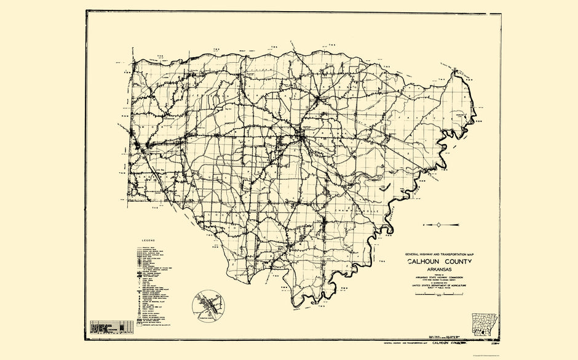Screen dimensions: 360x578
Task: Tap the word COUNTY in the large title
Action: pyautogui.click(x=456, y=262)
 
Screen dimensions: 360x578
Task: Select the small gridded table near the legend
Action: pyautogui.click(x=111, y=327)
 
